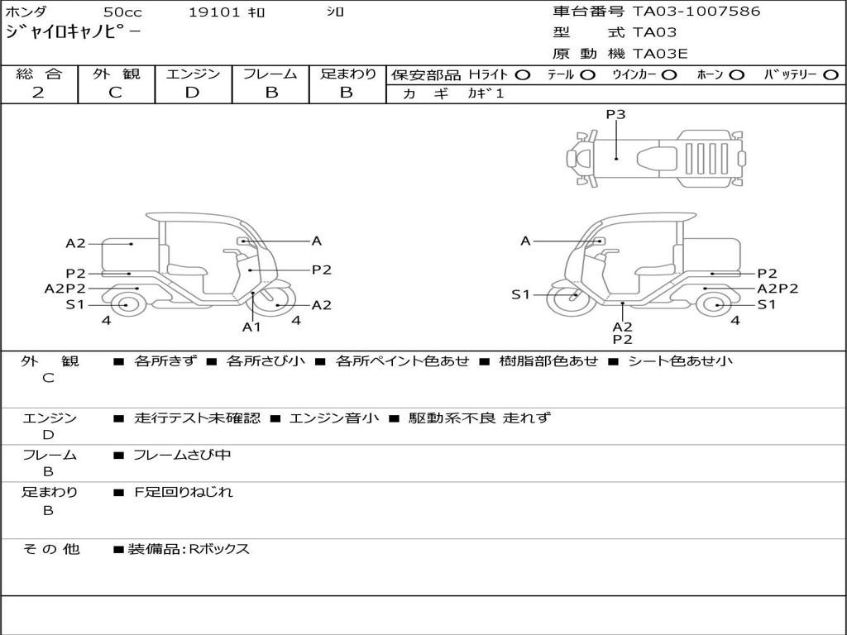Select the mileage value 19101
coord(213,12)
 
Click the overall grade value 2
coord(38,93)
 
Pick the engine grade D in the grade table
coord(192,93)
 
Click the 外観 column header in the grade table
coord(116,74)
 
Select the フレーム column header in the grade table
coord(270,74)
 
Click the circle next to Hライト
coord(522,74)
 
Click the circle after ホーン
coord(736,74)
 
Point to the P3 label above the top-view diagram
coord(615,115)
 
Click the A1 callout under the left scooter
coord(251,327)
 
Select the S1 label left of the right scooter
coord(519,294)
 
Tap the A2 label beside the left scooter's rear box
coord(76,243)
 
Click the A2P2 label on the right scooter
coord(778,289)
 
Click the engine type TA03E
coord(660,54)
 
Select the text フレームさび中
coord(182,455)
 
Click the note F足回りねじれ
coord(184,492)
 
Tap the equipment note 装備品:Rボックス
coord(188,549)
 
